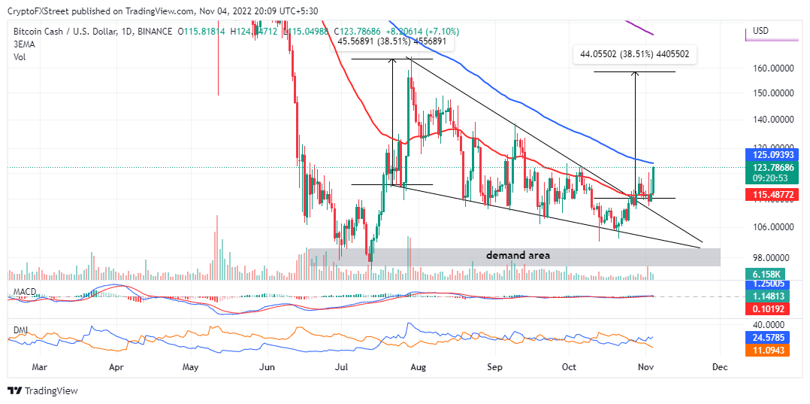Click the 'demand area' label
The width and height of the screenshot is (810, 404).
pyautogui.click(x=518, y=256)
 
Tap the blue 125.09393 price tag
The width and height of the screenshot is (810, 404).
pyautogui.click(x=766, y=154)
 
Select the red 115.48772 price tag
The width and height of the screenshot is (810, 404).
pyautogui.click(x=766, y=194)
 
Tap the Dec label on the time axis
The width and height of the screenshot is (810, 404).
pyautogui.click(x=720, y=369)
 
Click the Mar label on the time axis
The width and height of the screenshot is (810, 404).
pyautogui.click(x=40, y=369)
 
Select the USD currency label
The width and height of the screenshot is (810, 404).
pyautogui.click(x=760, y=31)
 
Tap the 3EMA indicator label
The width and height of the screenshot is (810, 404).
pyautogui.click(x=23, y=44)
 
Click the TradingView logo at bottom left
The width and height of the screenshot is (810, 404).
pyautogui.click(x=43, y=390)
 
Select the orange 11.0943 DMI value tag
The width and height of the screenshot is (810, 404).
pyautogui.click(x=765, y=351)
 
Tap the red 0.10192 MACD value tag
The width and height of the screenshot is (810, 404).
pyautogui.click(x=765, y=308)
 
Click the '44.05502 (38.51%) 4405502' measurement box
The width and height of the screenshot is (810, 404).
pyautogui.click(x=636, y=54)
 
